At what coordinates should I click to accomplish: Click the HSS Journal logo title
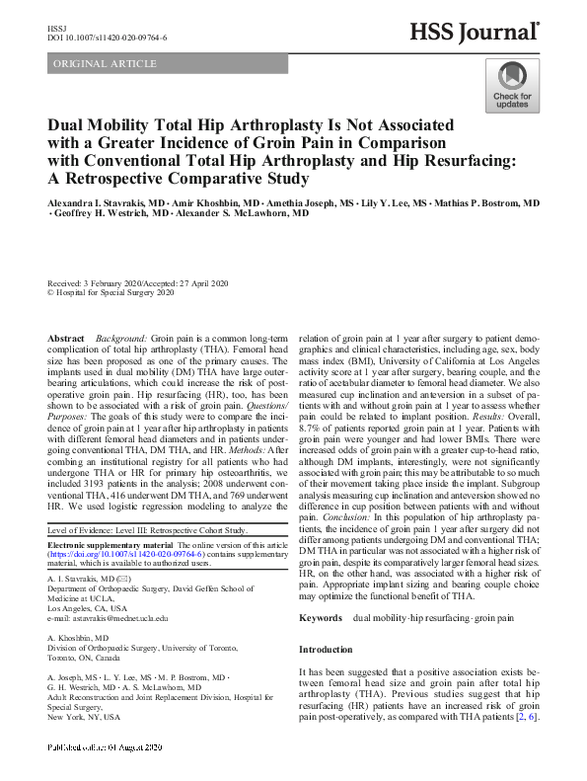tap(475, 32)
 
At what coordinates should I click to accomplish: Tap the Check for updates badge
tap(513, 86)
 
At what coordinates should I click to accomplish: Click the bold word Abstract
tap(66, 339)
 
